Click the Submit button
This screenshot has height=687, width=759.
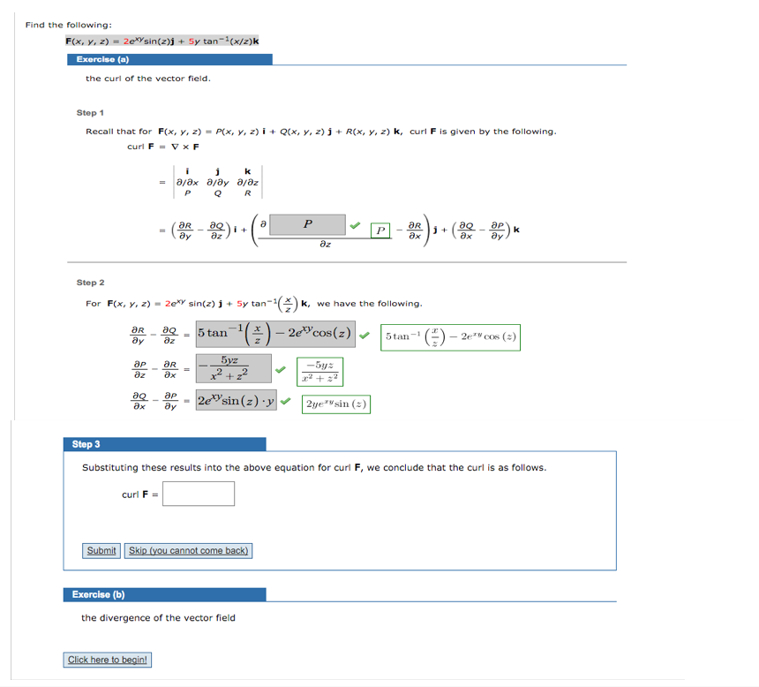click(101, 550)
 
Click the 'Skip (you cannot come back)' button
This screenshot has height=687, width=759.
click(188, 550)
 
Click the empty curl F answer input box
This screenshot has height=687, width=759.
click(199, 494)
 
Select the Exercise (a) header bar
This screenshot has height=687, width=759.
click(169, 59)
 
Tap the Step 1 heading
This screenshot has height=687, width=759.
click(91, 113)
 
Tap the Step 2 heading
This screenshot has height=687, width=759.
click(91, 283)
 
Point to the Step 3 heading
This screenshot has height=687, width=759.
click(86, 444)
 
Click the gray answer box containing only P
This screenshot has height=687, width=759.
click(307, 224)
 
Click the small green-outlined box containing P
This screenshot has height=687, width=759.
click(380, 230)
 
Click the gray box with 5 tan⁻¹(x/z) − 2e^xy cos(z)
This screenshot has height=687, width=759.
click(275, 334)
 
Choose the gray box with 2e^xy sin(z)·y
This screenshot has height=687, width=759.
click(236, 401)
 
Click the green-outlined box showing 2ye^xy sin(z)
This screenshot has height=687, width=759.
click(336, 404)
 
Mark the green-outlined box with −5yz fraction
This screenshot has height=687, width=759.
click(321, 371)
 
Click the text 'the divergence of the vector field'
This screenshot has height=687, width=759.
click(158, 617)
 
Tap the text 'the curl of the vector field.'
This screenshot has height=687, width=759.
click(147, 79)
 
